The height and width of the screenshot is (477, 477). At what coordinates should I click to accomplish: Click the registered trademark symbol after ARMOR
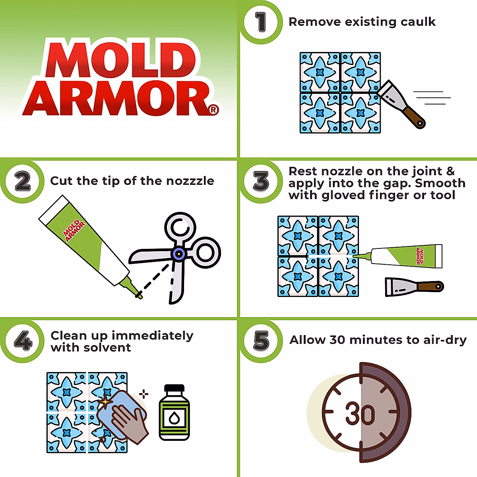[213, 109]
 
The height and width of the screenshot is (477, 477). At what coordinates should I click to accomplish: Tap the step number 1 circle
[261, 22]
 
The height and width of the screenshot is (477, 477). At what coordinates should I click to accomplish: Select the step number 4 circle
[23, 341]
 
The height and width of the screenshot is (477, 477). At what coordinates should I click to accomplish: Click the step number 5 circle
[261, 341]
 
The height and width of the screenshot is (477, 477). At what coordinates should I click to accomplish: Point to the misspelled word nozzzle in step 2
[190, 181]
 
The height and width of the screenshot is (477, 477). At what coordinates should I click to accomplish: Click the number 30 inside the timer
[360, 414]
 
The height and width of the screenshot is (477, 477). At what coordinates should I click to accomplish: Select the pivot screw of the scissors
[178, 254]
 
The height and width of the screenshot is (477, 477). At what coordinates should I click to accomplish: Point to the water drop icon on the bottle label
[174, 418]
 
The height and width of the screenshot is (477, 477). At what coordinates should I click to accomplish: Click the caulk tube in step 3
[405, 256]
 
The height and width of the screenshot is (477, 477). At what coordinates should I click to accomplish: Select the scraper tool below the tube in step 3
[413, 286]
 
